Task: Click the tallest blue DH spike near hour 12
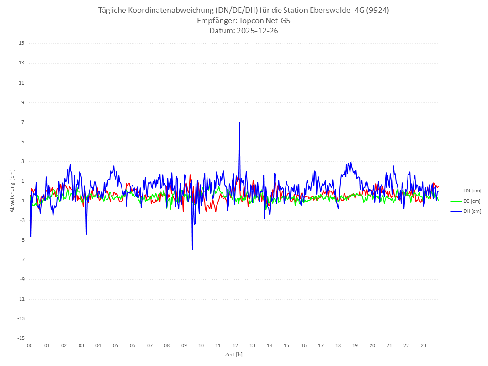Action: click(x=239, y=122)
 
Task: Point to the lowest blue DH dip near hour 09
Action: click(x=192, y=249)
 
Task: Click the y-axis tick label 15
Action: click(x=21, y=43)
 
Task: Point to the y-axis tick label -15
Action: click(x=21, y=338)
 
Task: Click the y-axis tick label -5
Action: click(x=22, y=240)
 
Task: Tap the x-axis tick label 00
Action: click(x=30, y=346)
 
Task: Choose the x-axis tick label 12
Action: click(x=235, y=346)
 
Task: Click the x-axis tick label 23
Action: click(x=424, y=346)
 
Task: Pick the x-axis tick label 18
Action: click(x=338, y=346)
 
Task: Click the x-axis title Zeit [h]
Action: click(x=234, y=355)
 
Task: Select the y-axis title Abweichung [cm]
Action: click(x=12, y=191)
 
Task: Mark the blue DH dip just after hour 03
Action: click(x=86, y=234)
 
